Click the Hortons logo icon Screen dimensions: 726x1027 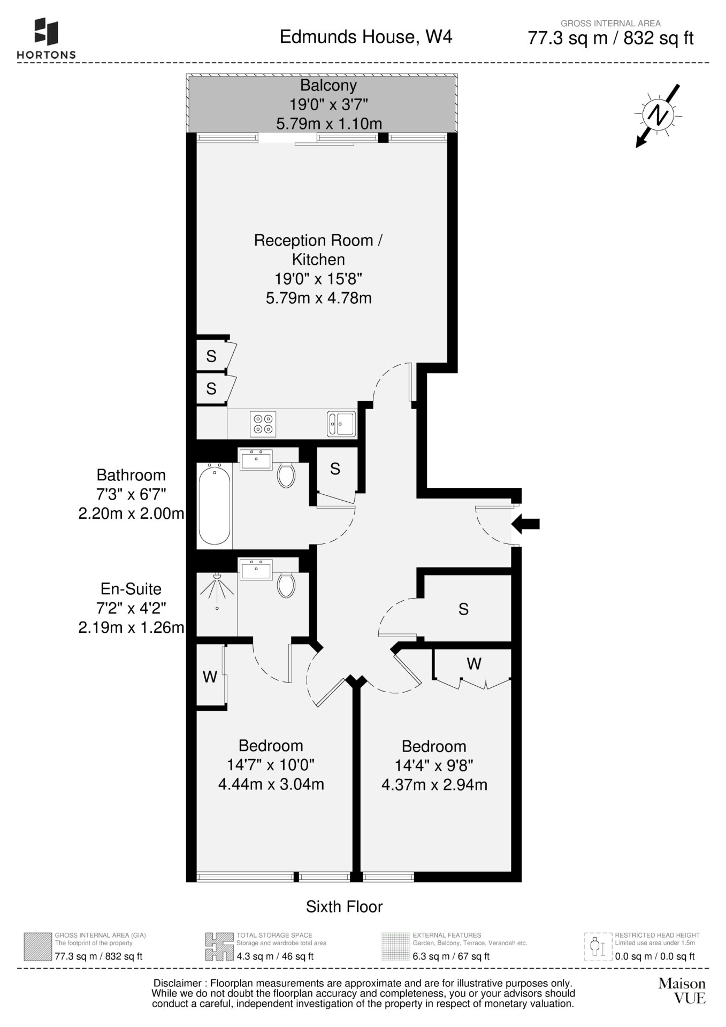click(46, 32)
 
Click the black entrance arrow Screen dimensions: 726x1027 click(526, 524)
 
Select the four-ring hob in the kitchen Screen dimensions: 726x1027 click(263, 424)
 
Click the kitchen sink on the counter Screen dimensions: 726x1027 click(341, 424)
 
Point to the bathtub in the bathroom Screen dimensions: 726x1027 click(215, 505)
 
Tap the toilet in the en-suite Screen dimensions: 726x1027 click(287, 585)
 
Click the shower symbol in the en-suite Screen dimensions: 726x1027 click(217, 592)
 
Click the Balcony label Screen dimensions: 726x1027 click(328, 85)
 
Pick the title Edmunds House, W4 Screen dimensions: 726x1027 click(366, 37)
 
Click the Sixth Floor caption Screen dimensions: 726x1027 click(345, 907)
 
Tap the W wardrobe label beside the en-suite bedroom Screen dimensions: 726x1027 click(210, 677)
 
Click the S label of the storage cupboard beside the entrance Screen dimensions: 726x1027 click(463, 609)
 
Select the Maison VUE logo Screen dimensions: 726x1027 click(682, 991)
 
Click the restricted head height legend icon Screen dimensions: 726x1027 click(597, 947)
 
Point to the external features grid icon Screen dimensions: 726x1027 click(395, 947)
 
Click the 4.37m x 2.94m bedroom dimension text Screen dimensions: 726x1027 click(434, 785)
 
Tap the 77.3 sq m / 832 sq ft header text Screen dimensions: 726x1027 click(611, 39)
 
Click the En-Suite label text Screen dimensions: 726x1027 click(131, 589)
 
